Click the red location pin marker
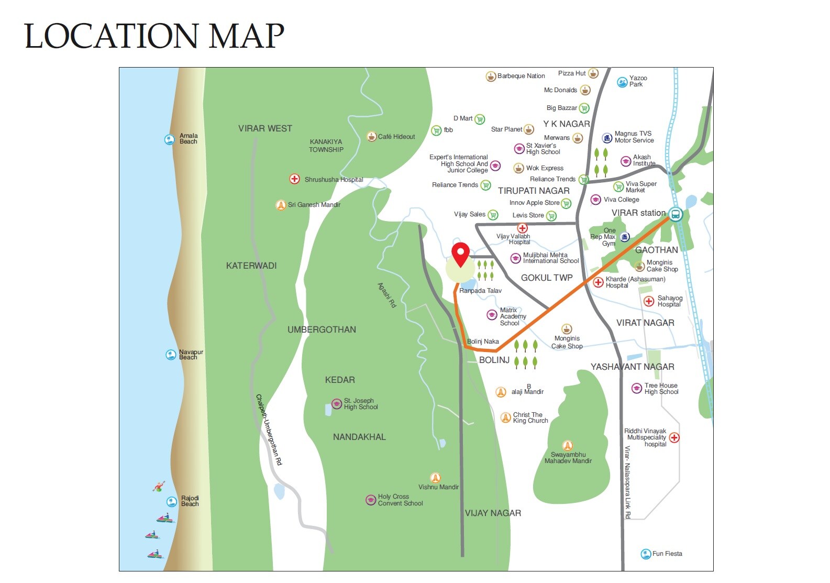pos(460,254)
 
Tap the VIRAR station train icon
pos(676,214)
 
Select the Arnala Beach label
pos(189,139)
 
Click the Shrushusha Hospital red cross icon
pos(295,179)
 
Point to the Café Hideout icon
pos(371,137)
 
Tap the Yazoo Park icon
pos(622,82)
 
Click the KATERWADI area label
pos(251,266)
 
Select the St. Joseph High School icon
pos(337,404)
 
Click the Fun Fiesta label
pos(667,554)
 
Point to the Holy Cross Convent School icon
pos(371,500)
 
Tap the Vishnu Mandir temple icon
pos(435,478)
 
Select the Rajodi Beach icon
pos(171,501)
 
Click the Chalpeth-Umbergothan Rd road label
pos(269,430)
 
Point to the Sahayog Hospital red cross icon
pos(649,301)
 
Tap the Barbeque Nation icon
pos(491,76)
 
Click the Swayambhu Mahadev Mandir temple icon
pos(567,446)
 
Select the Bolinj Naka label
pos(483,342)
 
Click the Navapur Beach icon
pos(171,355)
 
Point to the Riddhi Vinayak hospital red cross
pos(674,437)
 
